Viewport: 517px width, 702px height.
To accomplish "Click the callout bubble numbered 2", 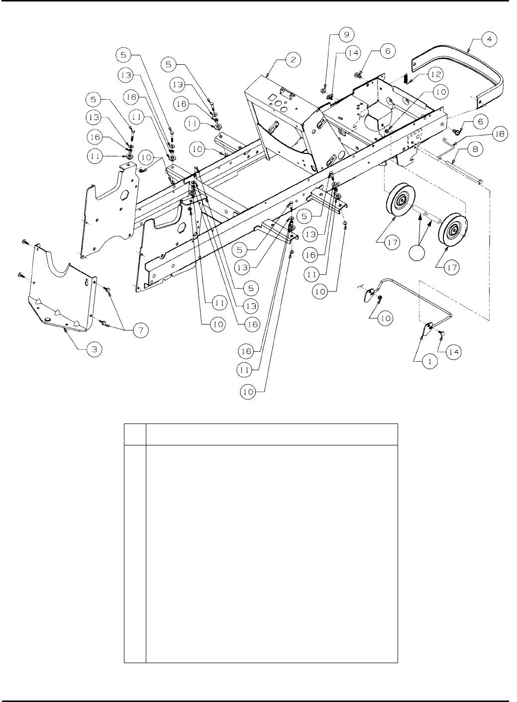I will pyautogui.click(x=293, y=60).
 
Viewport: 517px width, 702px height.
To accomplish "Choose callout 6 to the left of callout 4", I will pyautogui.click(x=388, y=51).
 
